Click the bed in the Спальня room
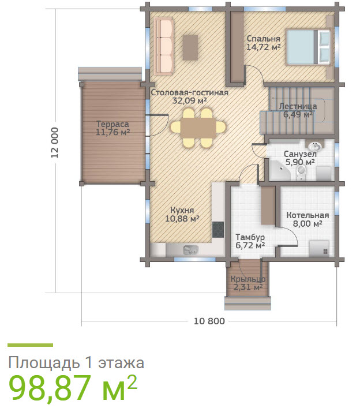(309, 47)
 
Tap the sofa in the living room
(164, 46)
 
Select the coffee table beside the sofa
(190, 48)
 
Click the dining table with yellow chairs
(198, 128)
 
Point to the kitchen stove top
(218, 230)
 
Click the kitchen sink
(191, 250)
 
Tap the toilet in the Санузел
(301, 172)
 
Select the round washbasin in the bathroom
(316, 146)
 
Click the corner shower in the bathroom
(279, 171)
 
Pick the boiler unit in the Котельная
(319, 248)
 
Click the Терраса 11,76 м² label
(112, 128)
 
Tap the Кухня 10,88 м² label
(182, 215)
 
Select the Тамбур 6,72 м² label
(250, 241)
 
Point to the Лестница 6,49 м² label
(298, 110)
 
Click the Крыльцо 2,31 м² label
(248, 283)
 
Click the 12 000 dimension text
(55, 143)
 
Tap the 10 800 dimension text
(209, 321)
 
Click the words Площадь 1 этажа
(76, 362)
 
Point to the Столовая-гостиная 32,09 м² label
(190, 96)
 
